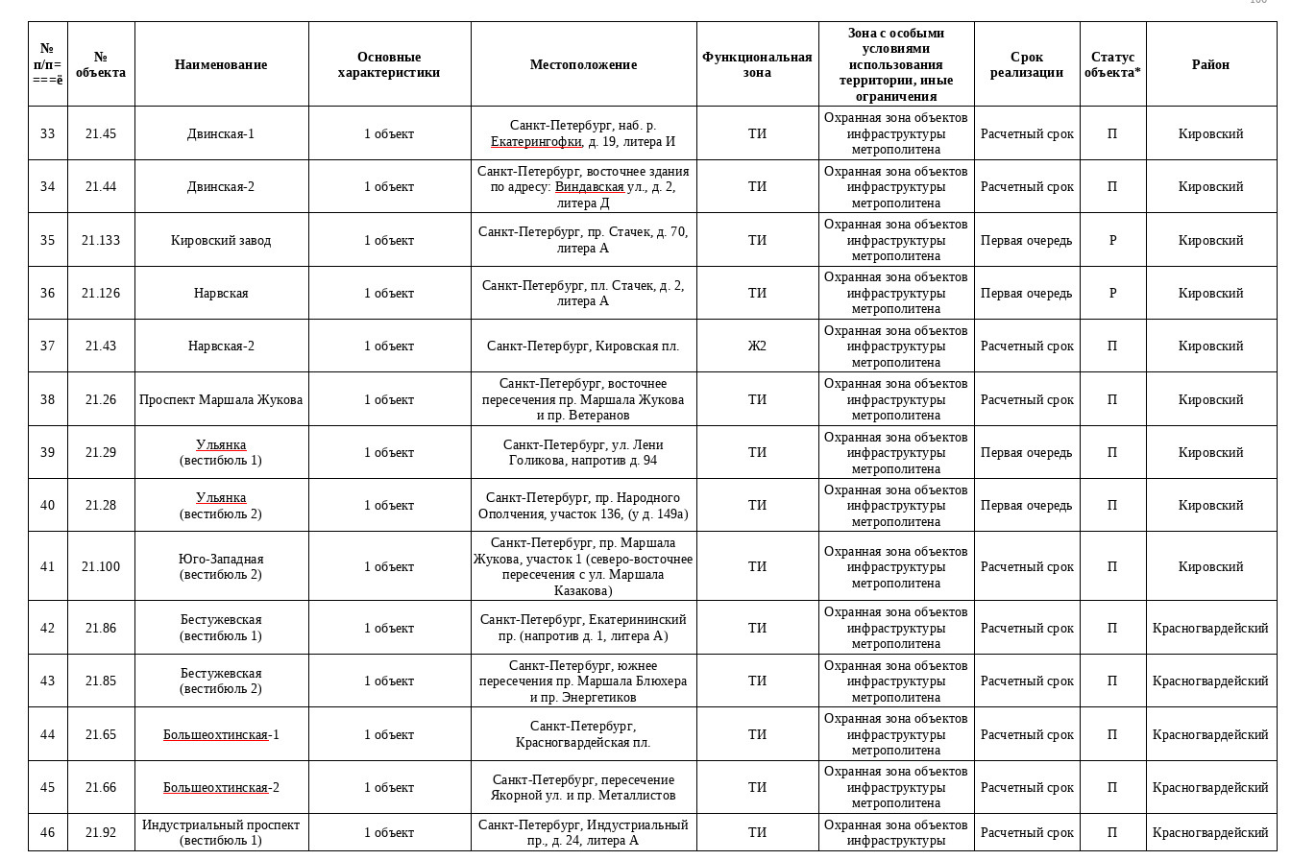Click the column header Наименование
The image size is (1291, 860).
[x=221, y=64]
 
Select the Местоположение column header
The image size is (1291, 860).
[x=583, y=64]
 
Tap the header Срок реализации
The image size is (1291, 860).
[x=1026, y=64]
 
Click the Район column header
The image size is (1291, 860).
[x=1210, y=64]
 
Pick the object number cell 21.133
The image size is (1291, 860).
[x=101, y=240]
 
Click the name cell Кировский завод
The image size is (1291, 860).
[x=221, y=240]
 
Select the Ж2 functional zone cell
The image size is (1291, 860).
[x=757, y=346]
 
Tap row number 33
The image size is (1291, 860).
[x=47, y=133]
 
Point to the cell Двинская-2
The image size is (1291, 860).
[x=221, y=186]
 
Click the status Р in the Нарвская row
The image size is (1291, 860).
[x=1112, y=293]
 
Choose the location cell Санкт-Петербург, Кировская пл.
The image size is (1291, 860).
[x=583, y=346]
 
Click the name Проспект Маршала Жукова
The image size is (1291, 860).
[x=221, y=399]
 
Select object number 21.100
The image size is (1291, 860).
[x=101, y=566]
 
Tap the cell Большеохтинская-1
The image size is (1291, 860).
[x=221, y=734]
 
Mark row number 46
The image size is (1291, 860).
[x=47, y=832]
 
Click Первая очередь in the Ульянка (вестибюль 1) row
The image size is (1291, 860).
[x=1026, y=452]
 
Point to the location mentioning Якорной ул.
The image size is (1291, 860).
[x=583, y=787]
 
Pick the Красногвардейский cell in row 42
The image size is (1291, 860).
[x=1210, y=628]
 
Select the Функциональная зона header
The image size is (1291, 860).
[x=757, y=64]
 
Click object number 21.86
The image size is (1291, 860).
[x=101, y=628]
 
